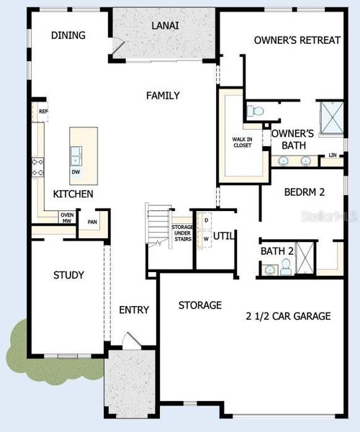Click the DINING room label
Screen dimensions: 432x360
point(68,35)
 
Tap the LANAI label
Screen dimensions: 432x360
point(165,26)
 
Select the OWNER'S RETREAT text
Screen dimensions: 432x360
point(297,40)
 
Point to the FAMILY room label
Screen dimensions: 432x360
point(163,95)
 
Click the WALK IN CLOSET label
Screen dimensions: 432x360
point(241,142)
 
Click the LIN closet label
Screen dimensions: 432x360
point(332,156)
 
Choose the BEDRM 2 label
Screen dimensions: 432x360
point(305,192)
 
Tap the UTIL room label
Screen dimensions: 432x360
point(225,235)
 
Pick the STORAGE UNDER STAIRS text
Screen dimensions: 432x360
point(181,233)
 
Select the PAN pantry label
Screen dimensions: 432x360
point(92,222)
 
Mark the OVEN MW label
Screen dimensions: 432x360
point(67,218)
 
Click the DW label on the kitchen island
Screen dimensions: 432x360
point(76,172)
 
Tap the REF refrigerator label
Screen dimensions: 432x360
point(43,112)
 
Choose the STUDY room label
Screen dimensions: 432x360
point(68,275)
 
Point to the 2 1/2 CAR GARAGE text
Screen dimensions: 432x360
point(288,316)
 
